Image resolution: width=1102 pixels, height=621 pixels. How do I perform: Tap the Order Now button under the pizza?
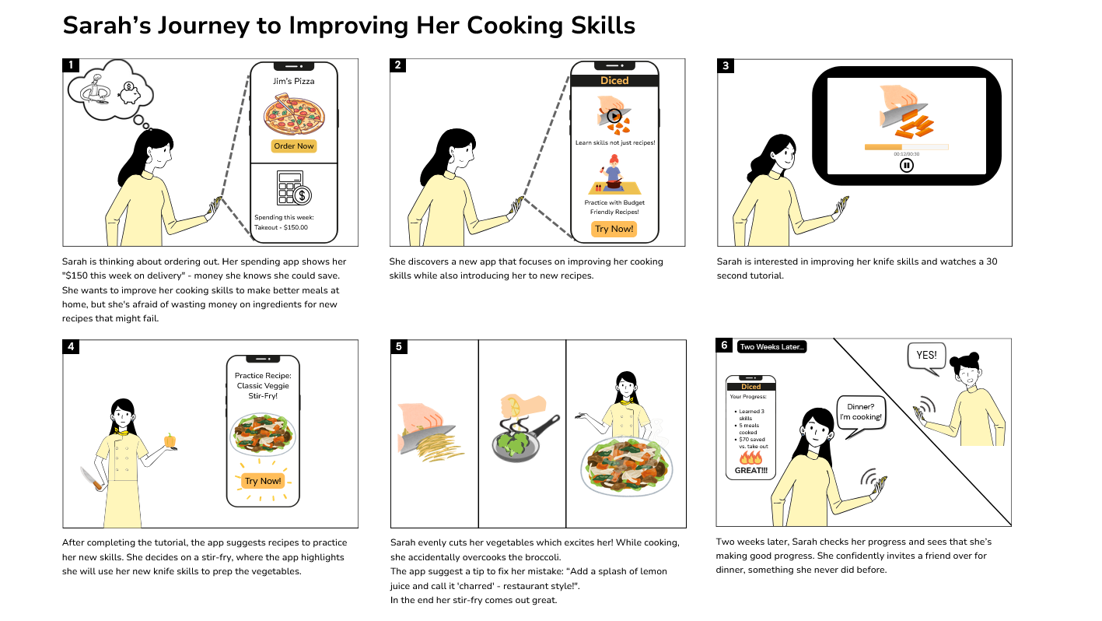294,146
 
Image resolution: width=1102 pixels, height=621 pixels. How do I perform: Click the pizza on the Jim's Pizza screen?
294,114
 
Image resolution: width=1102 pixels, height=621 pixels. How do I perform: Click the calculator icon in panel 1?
294,188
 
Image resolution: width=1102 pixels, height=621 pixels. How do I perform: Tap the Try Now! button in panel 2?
614,229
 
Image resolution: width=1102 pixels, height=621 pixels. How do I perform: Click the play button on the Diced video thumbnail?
614,116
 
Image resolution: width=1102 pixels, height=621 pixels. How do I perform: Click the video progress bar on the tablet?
906,147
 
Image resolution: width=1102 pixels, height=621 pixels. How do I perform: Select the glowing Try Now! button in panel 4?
263,481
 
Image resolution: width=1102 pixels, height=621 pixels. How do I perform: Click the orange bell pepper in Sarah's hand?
170,440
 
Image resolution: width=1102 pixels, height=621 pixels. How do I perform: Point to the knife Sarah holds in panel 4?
92,479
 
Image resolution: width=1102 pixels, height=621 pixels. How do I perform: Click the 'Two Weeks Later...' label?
771,347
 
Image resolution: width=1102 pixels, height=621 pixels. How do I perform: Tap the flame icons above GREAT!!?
750,458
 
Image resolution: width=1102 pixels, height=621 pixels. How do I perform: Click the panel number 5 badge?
398,347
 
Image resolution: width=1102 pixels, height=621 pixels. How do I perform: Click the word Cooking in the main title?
514,26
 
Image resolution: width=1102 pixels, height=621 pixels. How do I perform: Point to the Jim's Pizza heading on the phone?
294,81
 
